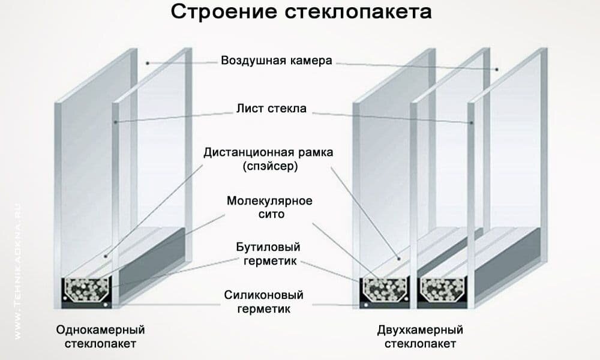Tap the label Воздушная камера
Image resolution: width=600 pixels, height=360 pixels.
coord(276,61)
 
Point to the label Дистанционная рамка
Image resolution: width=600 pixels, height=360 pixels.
coord(268,152)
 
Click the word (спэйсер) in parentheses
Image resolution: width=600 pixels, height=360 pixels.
coord(271,166)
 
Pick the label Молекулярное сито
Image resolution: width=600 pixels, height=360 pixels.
coord(269,206)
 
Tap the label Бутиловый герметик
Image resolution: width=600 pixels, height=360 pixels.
coord(271,254)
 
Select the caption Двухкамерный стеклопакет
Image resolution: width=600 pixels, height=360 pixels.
coord(420,337)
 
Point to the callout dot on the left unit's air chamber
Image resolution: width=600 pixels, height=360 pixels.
coord(146,62)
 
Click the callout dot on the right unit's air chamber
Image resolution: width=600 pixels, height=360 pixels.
coord(497,70)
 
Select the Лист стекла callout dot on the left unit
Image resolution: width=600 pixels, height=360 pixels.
coord(116,122)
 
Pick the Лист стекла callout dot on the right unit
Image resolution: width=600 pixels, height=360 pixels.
coord(472,122)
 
